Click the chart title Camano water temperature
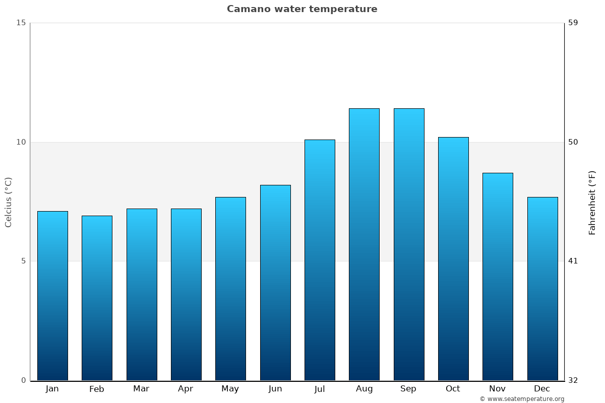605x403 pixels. pos(302,9)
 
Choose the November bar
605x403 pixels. pos(498,277)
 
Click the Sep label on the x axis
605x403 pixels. pos(408,389)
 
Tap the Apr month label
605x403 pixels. pos(186,389)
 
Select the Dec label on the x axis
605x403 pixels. pos(542,389)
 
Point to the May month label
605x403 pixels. pos(230,389)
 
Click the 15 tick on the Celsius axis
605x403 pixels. pos(21,23)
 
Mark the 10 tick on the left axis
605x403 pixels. pos(21,142)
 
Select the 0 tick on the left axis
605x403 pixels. pos(23,380)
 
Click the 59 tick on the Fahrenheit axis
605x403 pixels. pos(573,23)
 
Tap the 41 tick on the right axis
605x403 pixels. pos(573,261)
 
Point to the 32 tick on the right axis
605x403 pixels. pos(573,380)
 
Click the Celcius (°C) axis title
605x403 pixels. pos(9,202)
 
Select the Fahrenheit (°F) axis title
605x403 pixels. pos(592,202)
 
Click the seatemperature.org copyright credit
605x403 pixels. pos(522,399)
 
